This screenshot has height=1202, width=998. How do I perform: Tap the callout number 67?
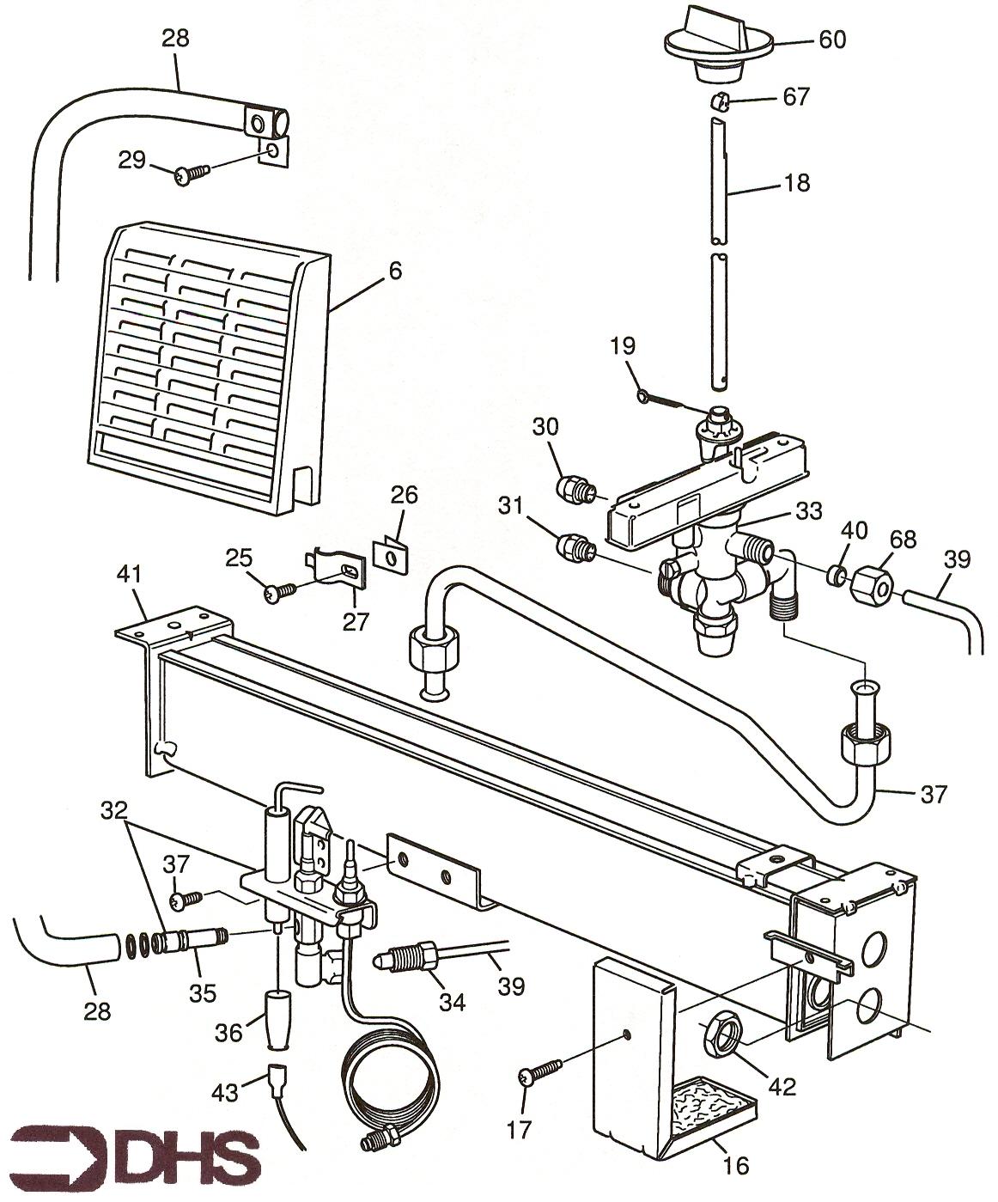pos(796,96)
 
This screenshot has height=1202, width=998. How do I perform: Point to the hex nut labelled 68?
pos(872,587)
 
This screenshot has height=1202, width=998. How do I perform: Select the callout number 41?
pos(132,573)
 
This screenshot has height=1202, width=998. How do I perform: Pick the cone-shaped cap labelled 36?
pos(277,1018)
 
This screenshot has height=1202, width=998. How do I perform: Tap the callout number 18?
pos(797,183)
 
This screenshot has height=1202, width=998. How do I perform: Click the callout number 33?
pos(808,510)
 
